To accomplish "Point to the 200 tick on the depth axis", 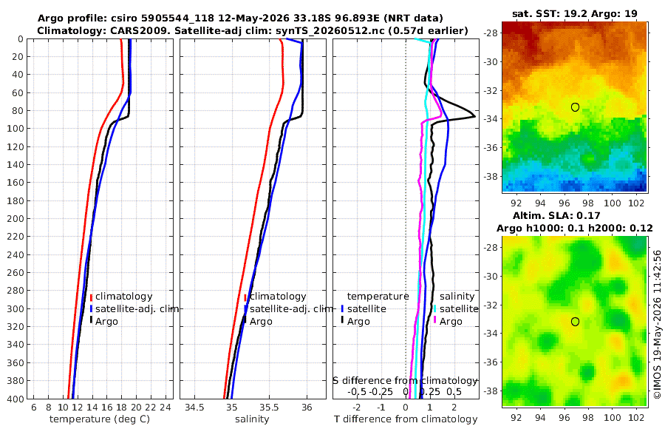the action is pyautogui.click(x=16, y=218).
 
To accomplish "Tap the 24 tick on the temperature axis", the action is pyautogui.click(x=165, y=408).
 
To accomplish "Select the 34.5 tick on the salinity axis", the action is pyautogui.click(x=194, y=408).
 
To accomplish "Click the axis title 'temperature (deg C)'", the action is pyautogui.click(x=100, y=419).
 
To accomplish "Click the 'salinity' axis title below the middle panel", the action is pyautogui.click(x=252, y=419).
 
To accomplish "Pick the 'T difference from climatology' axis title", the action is pyautogui.click(x=406, y=419).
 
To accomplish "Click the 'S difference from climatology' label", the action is pyautogui.click(x=406, y=381).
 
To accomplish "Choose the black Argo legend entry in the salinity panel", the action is pyautogui.click(x=257, y=322).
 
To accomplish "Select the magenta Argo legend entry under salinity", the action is pyautogui.click(x=448, y=322).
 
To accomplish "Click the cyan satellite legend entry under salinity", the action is pyautogui.click(x=456, y=308).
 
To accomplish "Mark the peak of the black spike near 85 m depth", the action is pyautogui.click(x=474, y=116).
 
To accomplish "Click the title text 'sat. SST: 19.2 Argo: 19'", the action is pyautogui.click(x=575, y=13).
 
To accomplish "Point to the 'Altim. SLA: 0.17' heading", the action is pyautogui.click(x=556, y=216).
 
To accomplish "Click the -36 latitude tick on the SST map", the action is pyautogui.click(x=491, y=148).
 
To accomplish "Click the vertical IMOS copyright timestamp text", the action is pyautogui.click(x=658, y=324).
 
